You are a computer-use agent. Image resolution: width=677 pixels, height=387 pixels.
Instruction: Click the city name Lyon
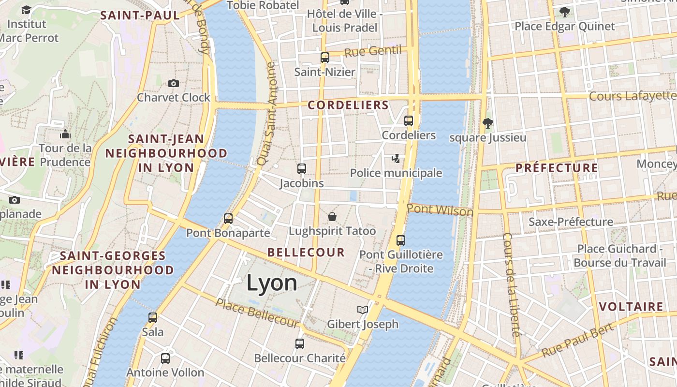tap(272, 283)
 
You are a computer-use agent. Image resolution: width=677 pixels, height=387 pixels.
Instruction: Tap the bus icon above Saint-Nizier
tap(325, 58)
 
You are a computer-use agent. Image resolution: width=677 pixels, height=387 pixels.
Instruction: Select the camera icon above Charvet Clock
tap(174, 83)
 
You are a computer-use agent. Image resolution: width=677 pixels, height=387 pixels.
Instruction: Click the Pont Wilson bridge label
tap(440, 210)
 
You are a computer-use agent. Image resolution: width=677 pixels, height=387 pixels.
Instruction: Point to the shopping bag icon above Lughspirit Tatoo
tap(332, 217)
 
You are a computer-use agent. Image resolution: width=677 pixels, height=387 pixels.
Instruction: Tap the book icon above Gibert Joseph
tap(363, 310)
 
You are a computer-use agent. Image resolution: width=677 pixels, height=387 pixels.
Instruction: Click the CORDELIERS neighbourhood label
tap(348, 105)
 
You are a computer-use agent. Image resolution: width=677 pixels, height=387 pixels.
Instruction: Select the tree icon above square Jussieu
tap(487, 123)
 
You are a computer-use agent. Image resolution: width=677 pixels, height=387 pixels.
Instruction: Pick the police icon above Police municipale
tap(396, 159)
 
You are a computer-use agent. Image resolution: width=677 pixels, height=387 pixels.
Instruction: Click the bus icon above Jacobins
tap(302, 169)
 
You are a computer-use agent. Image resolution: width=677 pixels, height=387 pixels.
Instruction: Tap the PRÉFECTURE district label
tap(557, 168)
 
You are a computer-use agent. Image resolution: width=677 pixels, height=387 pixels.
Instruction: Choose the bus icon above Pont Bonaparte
tap(228, 219)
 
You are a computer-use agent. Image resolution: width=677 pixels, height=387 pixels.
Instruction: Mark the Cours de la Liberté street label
tap(511, 285)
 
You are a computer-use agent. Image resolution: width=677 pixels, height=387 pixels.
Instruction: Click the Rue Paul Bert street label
tap(578, 339)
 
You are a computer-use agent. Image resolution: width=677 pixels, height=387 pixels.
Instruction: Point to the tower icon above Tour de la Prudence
tap(65, 134)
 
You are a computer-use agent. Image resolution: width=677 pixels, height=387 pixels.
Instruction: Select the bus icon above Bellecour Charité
tap(300, 344)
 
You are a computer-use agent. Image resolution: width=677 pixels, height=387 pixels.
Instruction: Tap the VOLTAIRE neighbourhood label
tap(631, 307)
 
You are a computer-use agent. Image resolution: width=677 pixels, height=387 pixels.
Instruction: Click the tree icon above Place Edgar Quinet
tap(564, 12)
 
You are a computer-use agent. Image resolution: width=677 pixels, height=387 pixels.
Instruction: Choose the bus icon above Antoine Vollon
tap(165, 358)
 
